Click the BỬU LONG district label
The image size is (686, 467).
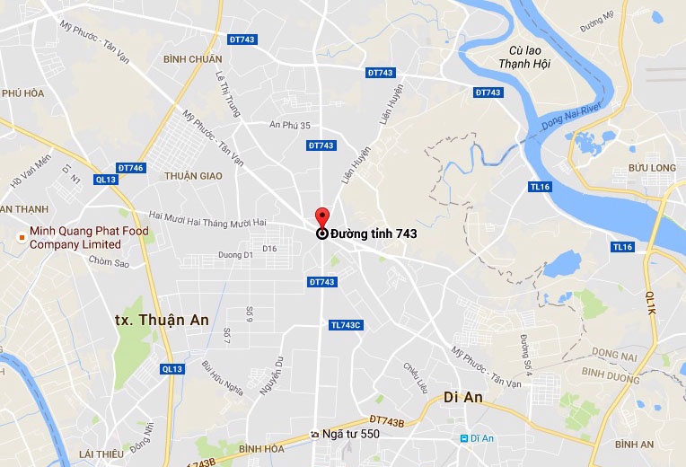coord(651,168)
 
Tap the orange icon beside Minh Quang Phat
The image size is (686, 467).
coord(20,238)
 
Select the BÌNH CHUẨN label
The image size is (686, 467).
coord(192,59)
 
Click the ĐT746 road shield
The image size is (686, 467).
coord(130,168)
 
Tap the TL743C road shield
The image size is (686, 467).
coord(345,325)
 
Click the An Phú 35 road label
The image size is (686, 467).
coord(289,126)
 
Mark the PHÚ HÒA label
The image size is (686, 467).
coord(22,93)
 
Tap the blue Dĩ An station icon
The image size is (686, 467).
coord(464,438)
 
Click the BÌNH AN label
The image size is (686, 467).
coord(635,445)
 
